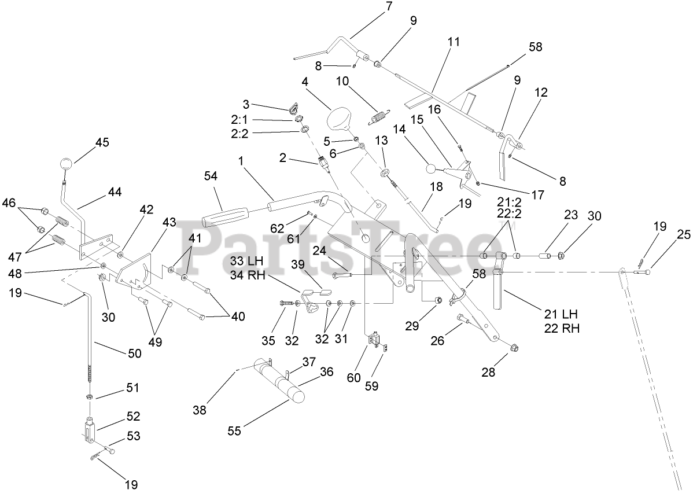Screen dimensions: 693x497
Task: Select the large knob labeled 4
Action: (339, 121)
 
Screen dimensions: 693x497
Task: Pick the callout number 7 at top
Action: (388, 7)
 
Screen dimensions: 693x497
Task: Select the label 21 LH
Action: (561, 314)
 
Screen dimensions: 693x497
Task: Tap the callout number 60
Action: (353, 377)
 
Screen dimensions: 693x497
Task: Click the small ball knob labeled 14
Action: (430, 169)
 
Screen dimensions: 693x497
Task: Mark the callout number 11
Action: (454, 42)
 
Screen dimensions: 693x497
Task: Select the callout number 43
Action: (169, 222)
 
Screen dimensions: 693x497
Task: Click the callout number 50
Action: (134, 352)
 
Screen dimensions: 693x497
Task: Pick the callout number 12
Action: (541, 92)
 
